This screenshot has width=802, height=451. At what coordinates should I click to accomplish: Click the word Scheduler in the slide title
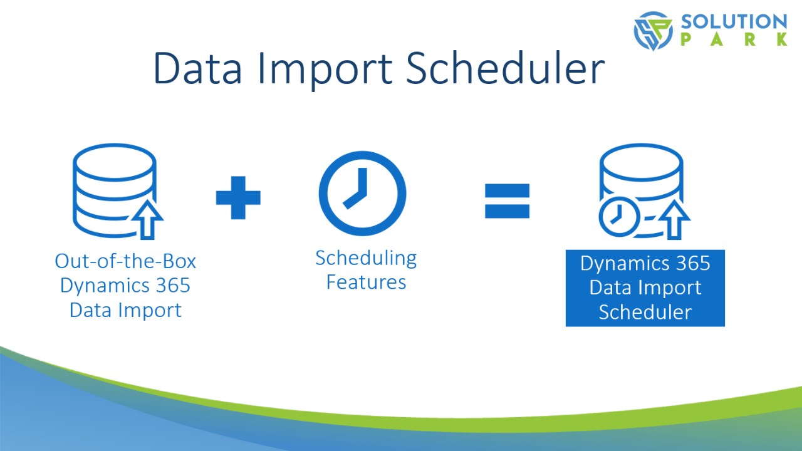(505, 68)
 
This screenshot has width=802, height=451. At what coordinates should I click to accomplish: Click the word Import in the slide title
(325, 71)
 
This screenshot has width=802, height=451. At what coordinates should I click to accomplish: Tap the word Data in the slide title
(197, 68)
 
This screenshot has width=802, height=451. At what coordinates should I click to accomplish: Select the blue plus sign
(238, 197)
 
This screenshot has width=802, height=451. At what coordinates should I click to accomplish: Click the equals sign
(507, 201)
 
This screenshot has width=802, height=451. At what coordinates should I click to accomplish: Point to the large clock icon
(363, 194)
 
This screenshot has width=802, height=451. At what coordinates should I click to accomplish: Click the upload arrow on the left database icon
(147, 219)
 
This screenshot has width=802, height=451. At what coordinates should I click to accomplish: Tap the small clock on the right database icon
(620, 217)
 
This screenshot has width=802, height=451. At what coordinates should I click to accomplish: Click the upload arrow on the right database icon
(675, 219)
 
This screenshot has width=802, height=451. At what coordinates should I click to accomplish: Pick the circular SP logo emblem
(653, 31)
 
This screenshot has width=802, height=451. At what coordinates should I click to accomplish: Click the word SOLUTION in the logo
(734, 21)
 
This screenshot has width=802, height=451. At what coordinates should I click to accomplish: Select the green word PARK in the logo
(734, 39)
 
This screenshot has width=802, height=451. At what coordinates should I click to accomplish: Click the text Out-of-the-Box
(125, 261)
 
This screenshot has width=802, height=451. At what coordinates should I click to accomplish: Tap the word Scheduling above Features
(366, 259)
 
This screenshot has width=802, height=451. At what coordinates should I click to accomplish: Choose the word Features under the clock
(366, 282)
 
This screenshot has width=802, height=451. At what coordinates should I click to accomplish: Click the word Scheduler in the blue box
(645, 312)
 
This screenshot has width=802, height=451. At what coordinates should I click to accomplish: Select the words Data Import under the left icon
(125, 310)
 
